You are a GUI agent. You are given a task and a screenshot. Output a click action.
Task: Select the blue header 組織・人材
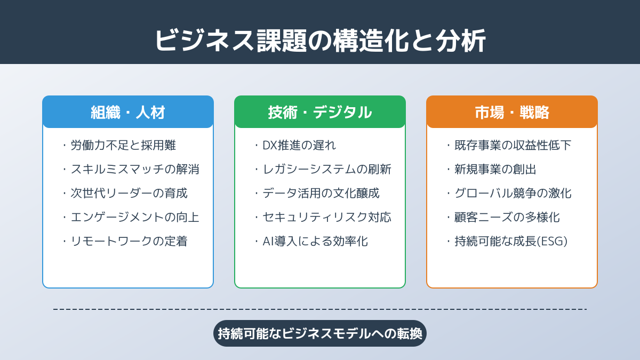(128, 113)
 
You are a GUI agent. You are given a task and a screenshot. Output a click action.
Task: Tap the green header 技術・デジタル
(320, 113)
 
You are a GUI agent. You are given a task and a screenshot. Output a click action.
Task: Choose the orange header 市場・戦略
(512, 113)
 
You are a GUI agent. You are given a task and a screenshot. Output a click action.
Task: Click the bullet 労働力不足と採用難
(123, 145)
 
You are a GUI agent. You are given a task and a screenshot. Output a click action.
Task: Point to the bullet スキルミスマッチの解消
(135, 169)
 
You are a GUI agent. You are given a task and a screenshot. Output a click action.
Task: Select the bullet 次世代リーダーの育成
(129, 193)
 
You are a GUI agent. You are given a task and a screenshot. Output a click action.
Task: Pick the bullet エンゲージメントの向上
(135, 217)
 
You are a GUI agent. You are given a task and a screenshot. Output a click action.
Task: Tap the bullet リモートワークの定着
(129, 241)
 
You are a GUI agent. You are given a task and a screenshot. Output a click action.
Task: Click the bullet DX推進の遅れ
(299, 145)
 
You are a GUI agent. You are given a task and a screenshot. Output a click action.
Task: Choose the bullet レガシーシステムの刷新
(327, 169)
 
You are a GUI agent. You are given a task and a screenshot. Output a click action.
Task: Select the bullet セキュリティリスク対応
(327, 217)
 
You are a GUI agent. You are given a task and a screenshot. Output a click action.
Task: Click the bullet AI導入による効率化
(315, 241)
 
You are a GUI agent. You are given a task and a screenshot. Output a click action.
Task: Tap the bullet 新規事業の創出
(495, 169)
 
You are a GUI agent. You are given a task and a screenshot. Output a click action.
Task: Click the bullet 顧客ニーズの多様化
(507, 217)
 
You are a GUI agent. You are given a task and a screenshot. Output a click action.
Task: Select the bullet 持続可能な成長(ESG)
(511, 241)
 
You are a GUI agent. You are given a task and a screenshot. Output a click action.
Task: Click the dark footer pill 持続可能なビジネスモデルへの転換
(320, 333)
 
